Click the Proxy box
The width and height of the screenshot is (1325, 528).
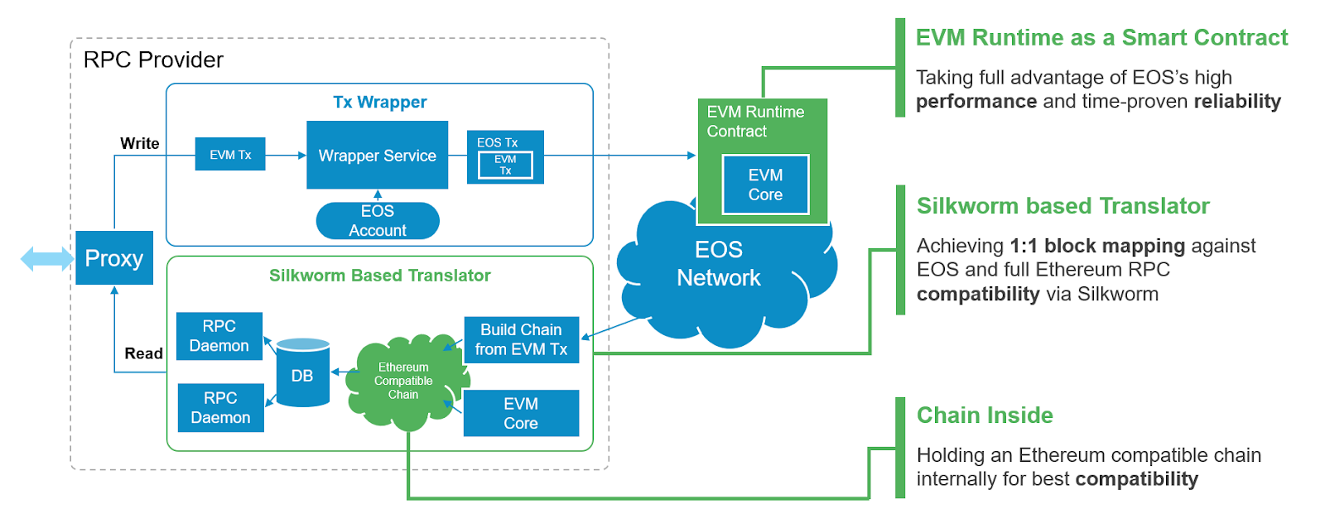point(114,258)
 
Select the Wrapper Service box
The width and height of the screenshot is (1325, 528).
point(377,156)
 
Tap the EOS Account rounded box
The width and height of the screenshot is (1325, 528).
point(378,221)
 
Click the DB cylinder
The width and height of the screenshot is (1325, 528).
point(302,374)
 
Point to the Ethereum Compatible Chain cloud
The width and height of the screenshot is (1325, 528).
point(403,381)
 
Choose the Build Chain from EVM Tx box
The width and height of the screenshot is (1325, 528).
point(521,339)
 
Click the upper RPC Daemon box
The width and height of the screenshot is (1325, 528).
point(219,336)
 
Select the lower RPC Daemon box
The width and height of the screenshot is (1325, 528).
point(220,408)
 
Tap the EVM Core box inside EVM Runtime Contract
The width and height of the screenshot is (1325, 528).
point(765,185)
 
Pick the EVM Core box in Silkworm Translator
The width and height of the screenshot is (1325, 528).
point(521,413)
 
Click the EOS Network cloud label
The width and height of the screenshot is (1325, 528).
point(718,264)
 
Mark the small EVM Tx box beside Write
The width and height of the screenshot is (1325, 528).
point(230,155)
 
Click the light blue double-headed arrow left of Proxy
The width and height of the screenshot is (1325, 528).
point(46,259)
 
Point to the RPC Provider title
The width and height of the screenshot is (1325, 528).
point(153,60)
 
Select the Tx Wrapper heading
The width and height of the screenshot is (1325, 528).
point(379,102)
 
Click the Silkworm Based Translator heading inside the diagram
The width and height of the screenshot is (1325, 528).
point(379,276)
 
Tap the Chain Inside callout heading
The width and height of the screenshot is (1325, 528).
point(985,415)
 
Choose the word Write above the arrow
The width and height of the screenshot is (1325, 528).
point(139,143)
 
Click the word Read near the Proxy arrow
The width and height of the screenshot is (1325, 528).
point(143,353)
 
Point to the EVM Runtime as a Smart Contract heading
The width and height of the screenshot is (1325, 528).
point(1101,38)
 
